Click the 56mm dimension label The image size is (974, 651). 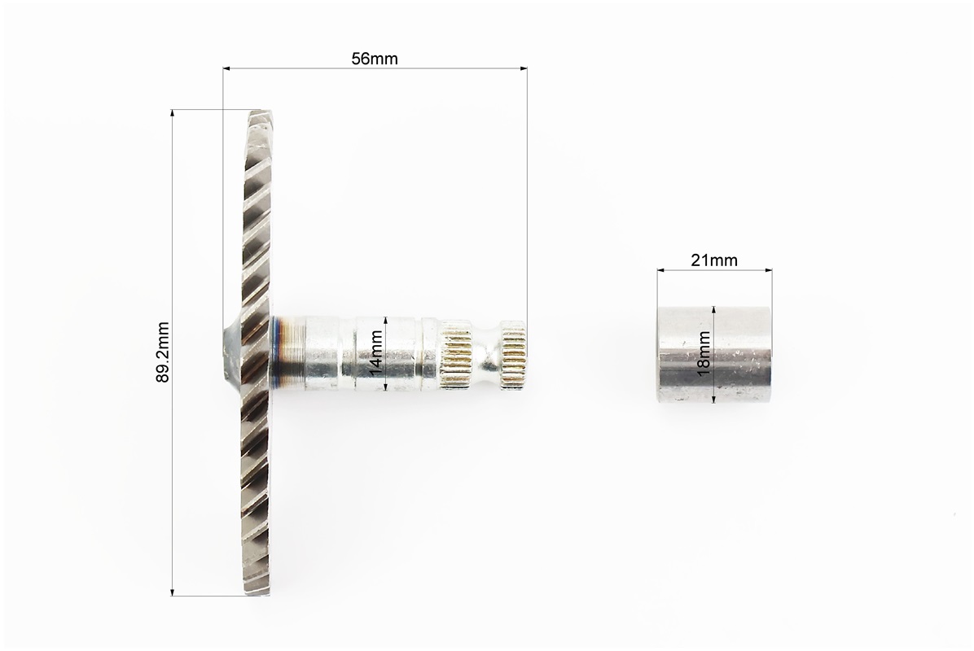tap(375, 59)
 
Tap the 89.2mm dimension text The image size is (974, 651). tap(163, 352)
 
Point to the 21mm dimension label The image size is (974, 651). tap(714, 260)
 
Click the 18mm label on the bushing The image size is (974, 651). tap(704, 352)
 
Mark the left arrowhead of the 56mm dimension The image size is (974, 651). tap(226, 68)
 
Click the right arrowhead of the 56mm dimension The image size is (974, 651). tap(523, 68)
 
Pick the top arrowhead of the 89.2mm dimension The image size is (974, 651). tap(172, 114)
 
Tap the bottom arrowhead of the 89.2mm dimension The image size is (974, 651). tap(172, 592)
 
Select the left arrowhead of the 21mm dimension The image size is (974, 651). tap(661, 270)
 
